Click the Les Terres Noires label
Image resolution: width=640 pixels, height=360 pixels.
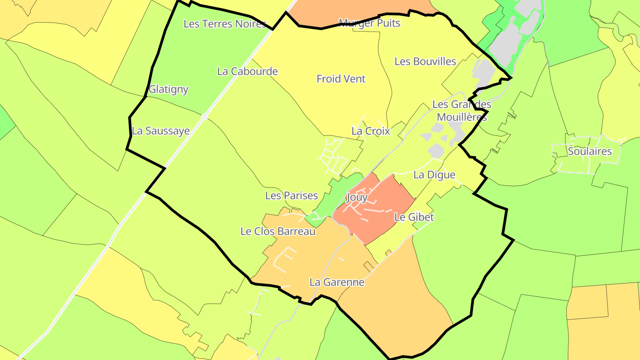click(x=224, y=24)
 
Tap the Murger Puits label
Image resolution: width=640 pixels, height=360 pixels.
click(x=369, y=23)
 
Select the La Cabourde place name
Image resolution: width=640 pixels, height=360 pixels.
click(x=248, y=71)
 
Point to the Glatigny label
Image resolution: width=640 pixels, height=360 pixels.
click(x=168, y=89)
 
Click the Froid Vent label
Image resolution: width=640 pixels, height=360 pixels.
click(x=341, y=79)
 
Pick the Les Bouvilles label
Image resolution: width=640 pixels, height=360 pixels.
click(x=425, y=61)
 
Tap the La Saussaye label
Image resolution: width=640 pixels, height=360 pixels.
click(x=161, y=131)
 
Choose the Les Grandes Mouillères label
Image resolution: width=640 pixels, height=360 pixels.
click(x=462, y=111)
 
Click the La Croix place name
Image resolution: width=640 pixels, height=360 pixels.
click(x=371, y=131)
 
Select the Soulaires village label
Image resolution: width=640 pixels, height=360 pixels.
click(x=590, y=151)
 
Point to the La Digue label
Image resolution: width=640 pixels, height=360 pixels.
click(x=434, y=175)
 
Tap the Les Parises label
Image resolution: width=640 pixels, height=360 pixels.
click(x=292, y=196)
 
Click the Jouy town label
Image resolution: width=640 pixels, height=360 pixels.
click(x=356, y=197)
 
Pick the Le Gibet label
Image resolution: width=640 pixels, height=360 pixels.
click(x=414, y=217)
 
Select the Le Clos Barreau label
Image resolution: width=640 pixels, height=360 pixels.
click(x=278, y=232)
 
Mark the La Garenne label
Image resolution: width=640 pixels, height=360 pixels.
click(x=337, y=282)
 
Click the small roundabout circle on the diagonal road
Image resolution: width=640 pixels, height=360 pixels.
click(x=204, y=117)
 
